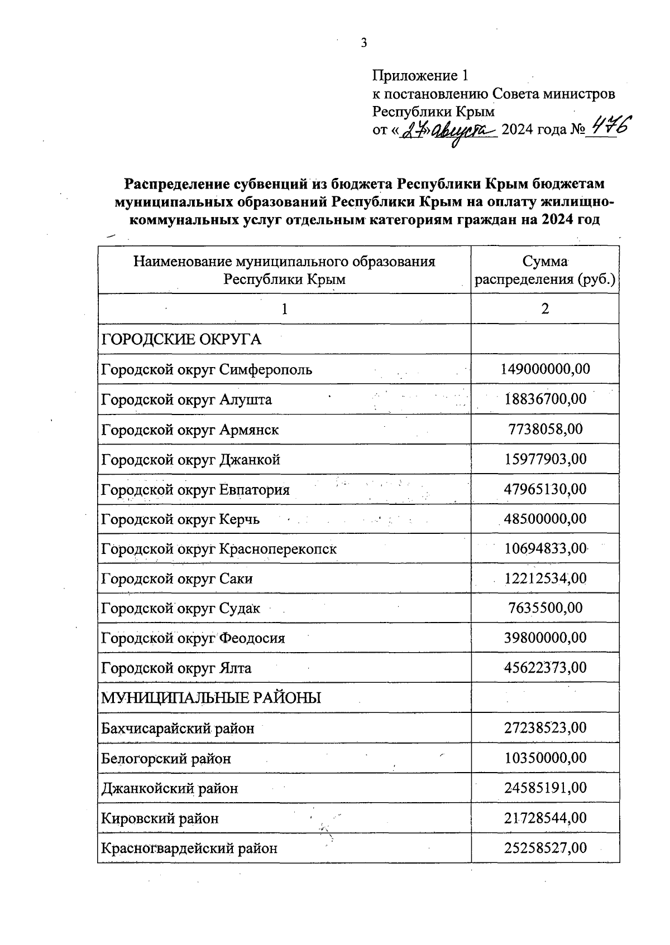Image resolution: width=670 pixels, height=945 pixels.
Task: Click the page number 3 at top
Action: (363, 42)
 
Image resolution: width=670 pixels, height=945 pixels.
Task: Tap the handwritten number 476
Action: (609, 127)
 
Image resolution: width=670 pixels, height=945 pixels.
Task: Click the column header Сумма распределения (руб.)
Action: (545, 270)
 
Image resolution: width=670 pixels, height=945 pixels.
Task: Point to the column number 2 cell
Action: (545, 308)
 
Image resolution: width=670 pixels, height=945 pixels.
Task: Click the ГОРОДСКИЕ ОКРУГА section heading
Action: (181, 339)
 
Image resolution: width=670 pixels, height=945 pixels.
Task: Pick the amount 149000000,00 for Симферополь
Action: (545, 369)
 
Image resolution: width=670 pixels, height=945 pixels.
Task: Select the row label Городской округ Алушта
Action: (186, 399)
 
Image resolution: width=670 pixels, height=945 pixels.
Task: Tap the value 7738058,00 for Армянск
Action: (545, 429)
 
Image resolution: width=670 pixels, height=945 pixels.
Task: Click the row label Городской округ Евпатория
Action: (195, 490)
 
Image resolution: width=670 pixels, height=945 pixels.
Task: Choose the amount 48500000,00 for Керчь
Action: (545, 519)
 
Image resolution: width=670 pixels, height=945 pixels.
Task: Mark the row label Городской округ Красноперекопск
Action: (219, 549)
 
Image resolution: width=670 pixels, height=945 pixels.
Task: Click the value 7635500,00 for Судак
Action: (545, 607)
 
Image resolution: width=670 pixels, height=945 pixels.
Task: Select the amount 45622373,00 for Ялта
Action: (545, 667)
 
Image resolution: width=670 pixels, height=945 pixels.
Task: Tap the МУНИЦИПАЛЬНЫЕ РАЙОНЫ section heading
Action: (211, 698)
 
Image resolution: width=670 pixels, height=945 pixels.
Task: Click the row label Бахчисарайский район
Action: (178, 728)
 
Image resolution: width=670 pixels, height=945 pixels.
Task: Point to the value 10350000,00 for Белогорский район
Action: (545, 758)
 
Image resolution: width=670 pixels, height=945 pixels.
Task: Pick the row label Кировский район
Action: (160, 818)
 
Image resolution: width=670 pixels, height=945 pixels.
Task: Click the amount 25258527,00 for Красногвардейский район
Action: (545, 848)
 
